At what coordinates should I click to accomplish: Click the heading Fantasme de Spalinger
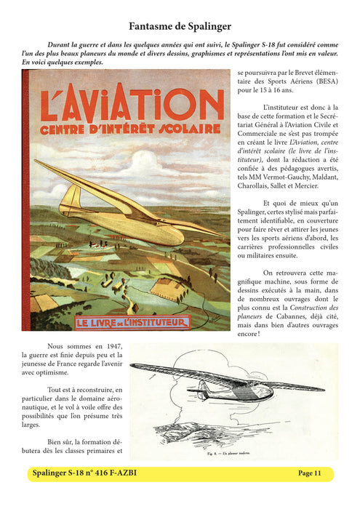coord(180,26)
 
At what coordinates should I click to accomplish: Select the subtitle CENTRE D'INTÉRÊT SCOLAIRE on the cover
coord(121,129)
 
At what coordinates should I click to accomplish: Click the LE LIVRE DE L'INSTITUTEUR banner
coord(121,321)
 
